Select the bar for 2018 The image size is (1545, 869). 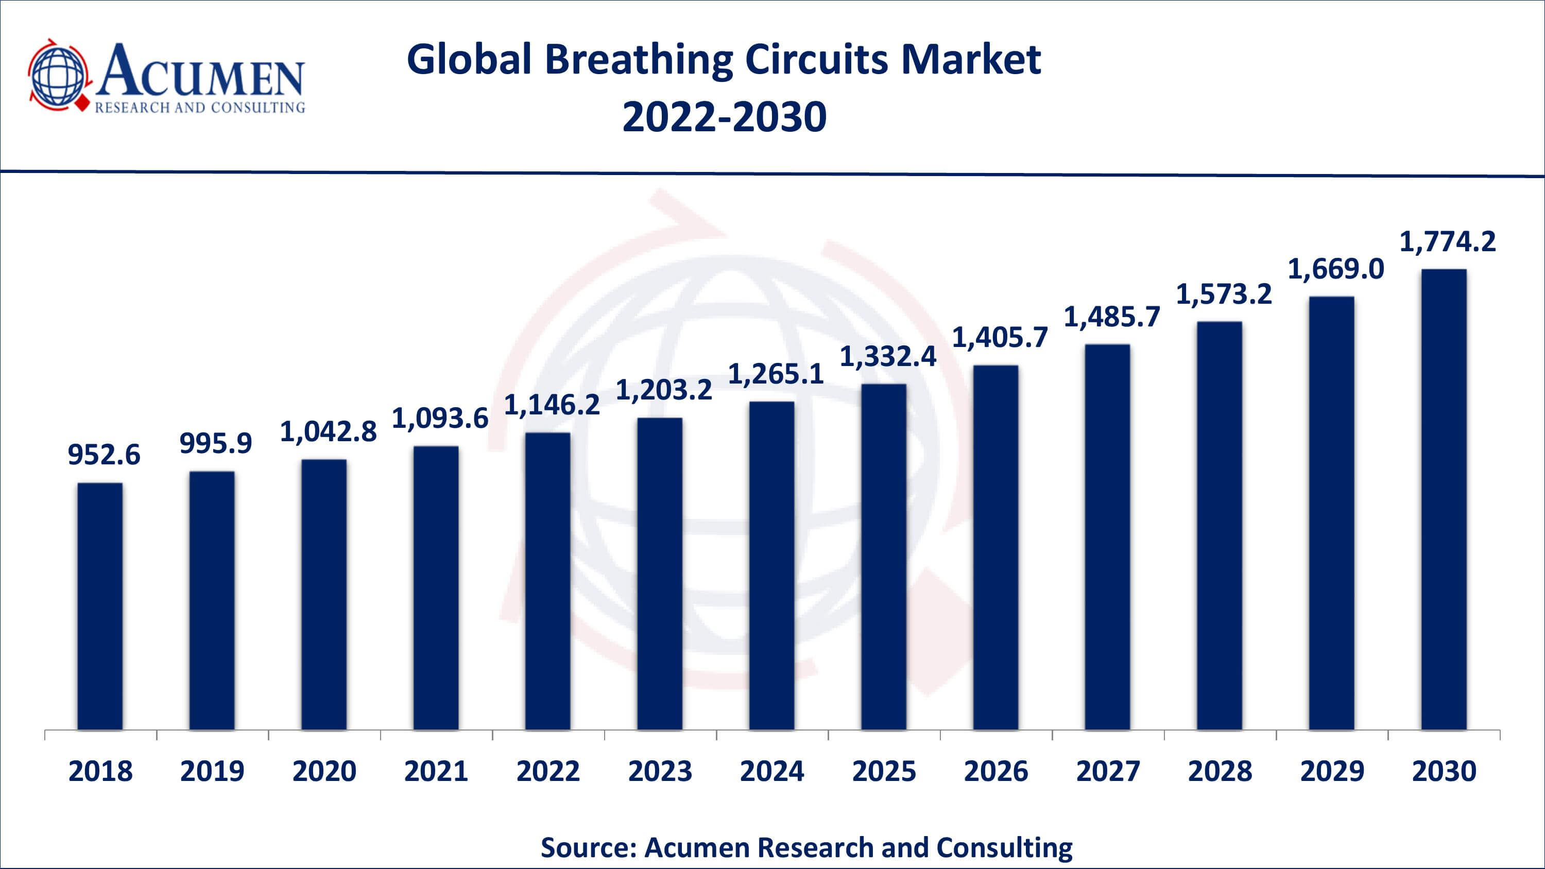(x=99, y=606)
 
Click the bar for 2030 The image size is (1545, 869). (x=1444, y=499)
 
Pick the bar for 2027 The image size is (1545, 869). (x=1107, y=537)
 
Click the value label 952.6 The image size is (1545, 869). (x=104, y=455)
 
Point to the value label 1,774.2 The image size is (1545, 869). (x=1447, y=241)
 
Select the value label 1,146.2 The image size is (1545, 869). (x=552, y=405)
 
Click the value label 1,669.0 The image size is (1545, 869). (x=1336, y=269)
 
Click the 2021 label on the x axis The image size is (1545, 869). (x=436, y=771)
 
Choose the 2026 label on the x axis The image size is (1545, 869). (x=995, y=771)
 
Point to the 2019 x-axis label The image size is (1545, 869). (x=212, y=771)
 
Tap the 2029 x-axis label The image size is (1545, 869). (x=1331, y=771)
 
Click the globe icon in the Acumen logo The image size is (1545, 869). (x=59, y=76)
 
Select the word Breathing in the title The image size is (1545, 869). (x=638, y=59)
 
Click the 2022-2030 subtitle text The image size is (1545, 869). (x=724, y=116)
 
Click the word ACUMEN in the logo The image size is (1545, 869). (x=201, y=71)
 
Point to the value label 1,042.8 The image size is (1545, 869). (x=328, y=431)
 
